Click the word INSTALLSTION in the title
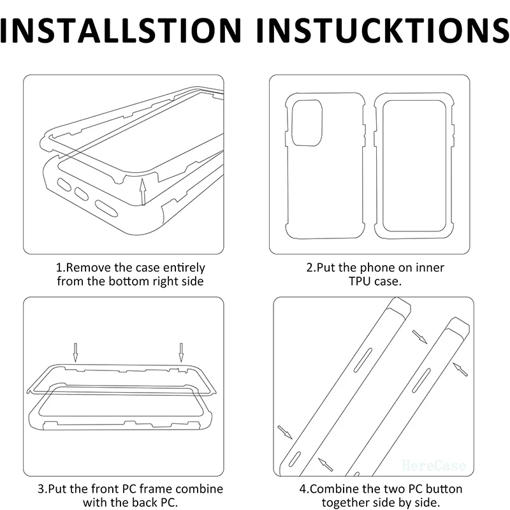(120, 30)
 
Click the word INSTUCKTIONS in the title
(383, 30)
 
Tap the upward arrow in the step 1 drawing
(142, 192)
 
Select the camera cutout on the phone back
(307, 123)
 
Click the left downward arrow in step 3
(75, 353)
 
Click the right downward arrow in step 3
(181, 353)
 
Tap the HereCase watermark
(433, 465)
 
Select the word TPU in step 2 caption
(360, 281)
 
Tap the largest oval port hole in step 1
(106, 209)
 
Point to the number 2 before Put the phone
(310, 268)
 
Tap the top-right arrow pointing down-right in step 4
(419, 337)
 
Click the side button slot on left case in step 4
(363, 360)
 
